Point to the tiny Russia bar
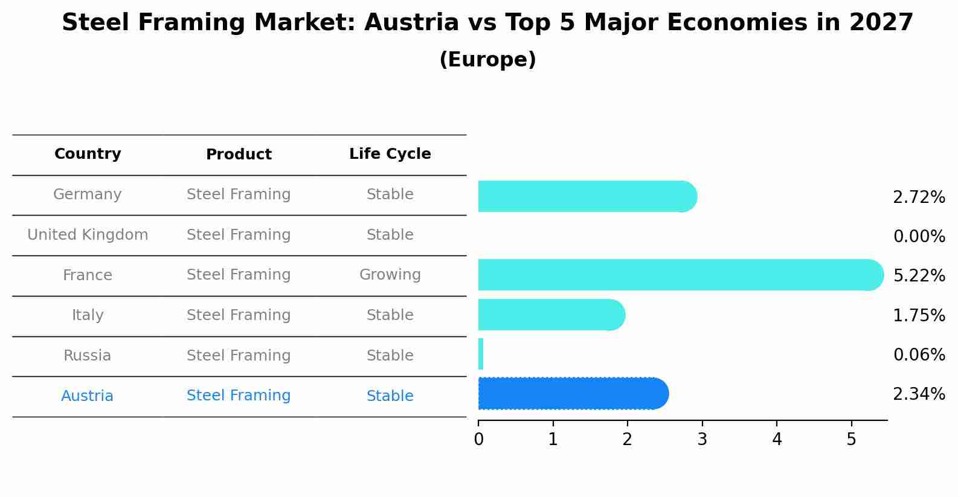pyautogui.click(x=481, y=354)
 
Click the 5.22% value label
pyautogui.click(x=919, y=276)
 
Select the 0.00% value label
pyautogui.click(x=919, y=237)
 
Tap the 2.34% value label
pyautogui.click(x=919, y=394)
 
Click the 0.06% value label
pyautogui.click(x=919, y=355)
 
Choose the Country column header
pyautogui.click(x=88, y=154)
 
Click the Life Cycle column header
pyautogui.click(x=390, y=154)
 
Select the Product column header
pyautogui.click(x=239, y=155)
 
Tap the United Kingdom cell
pyautogui.click(x=88, y=235)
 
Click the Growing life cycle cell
pyautogui.click(x=390, y=275)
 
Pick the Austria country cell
pyautogui.click(x=87, y=396)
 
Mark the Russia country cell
pyautogui.click(x=87, y=356)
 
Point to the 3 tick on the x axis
pyautogui.click(x=702, y=440)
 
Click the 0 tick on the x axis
pyautogui.click(x=478, y=440)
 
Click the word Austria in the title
pyautogui.click(x=411, y=23)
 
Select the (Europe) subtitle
pyautogui.click(x=487, y=60)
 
